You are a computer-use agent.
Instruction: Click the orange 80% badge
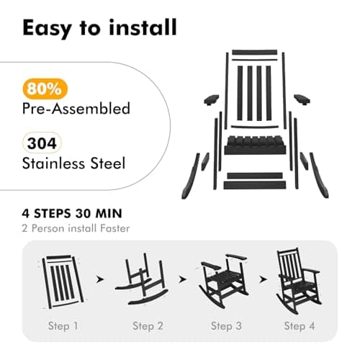[45, 89]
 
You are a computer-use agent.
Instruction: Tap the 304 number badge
[42, 143]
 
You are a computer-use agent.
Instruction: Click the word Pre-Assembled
[76, 109]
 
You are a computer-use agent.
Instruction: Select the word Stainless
[53, 163]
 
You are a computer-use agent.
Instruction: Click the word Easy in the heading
[47, 28]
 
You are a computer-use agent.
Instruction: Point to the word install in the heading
[143, 27]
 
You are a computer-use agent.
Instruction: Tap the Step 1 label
[63, 326]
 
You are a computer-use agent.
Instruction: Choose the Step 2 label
[148, 326]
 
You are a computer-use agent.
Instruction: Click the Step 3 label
[226, 326]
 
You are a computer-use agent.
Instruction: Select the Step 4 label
[300, 326]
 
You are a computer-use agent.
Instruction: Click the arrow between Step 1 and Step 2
[100, 279]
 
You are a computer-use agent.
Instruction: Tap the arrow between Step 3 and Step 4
[264, 279]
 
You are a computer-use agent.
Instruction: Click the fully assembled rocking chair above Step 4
[299, 281]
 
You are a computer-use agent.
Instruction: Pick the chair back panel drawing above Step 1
[63, 282]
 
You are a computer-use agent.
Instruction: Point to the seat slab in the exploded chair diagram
[255, 145]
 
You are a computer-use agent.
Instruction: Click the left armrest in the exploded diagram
[211, 100]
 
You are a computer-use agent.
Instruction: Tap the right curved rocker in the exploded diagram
[319, 175]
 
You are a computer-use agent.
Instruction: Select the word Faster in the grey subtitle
[115, 228]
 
